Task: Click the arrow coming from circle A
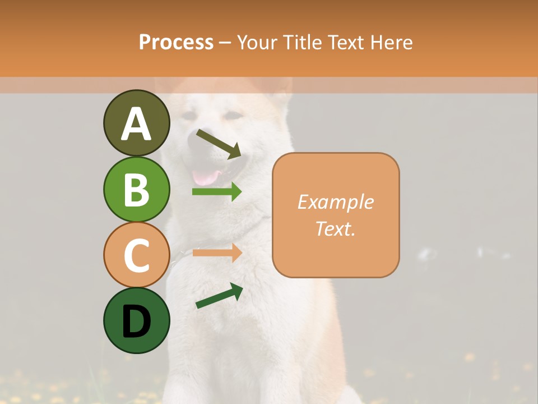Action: [219, 144]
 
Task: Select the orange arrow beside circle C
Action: [217, 252]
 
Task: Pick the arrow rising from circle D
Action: [219, 296]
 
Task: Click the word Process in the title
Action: [176, 42]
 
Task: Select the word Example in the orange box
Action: [335, 202]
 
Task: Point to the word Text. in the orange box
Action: [335, 228]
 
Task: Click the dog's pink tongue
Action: [206, 178]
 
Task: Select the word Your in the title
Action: [258, 42]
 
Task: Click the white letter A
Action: [136, 124]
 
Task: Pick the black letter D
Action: [136, 321]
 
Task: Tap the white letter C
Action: [136, 255]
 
